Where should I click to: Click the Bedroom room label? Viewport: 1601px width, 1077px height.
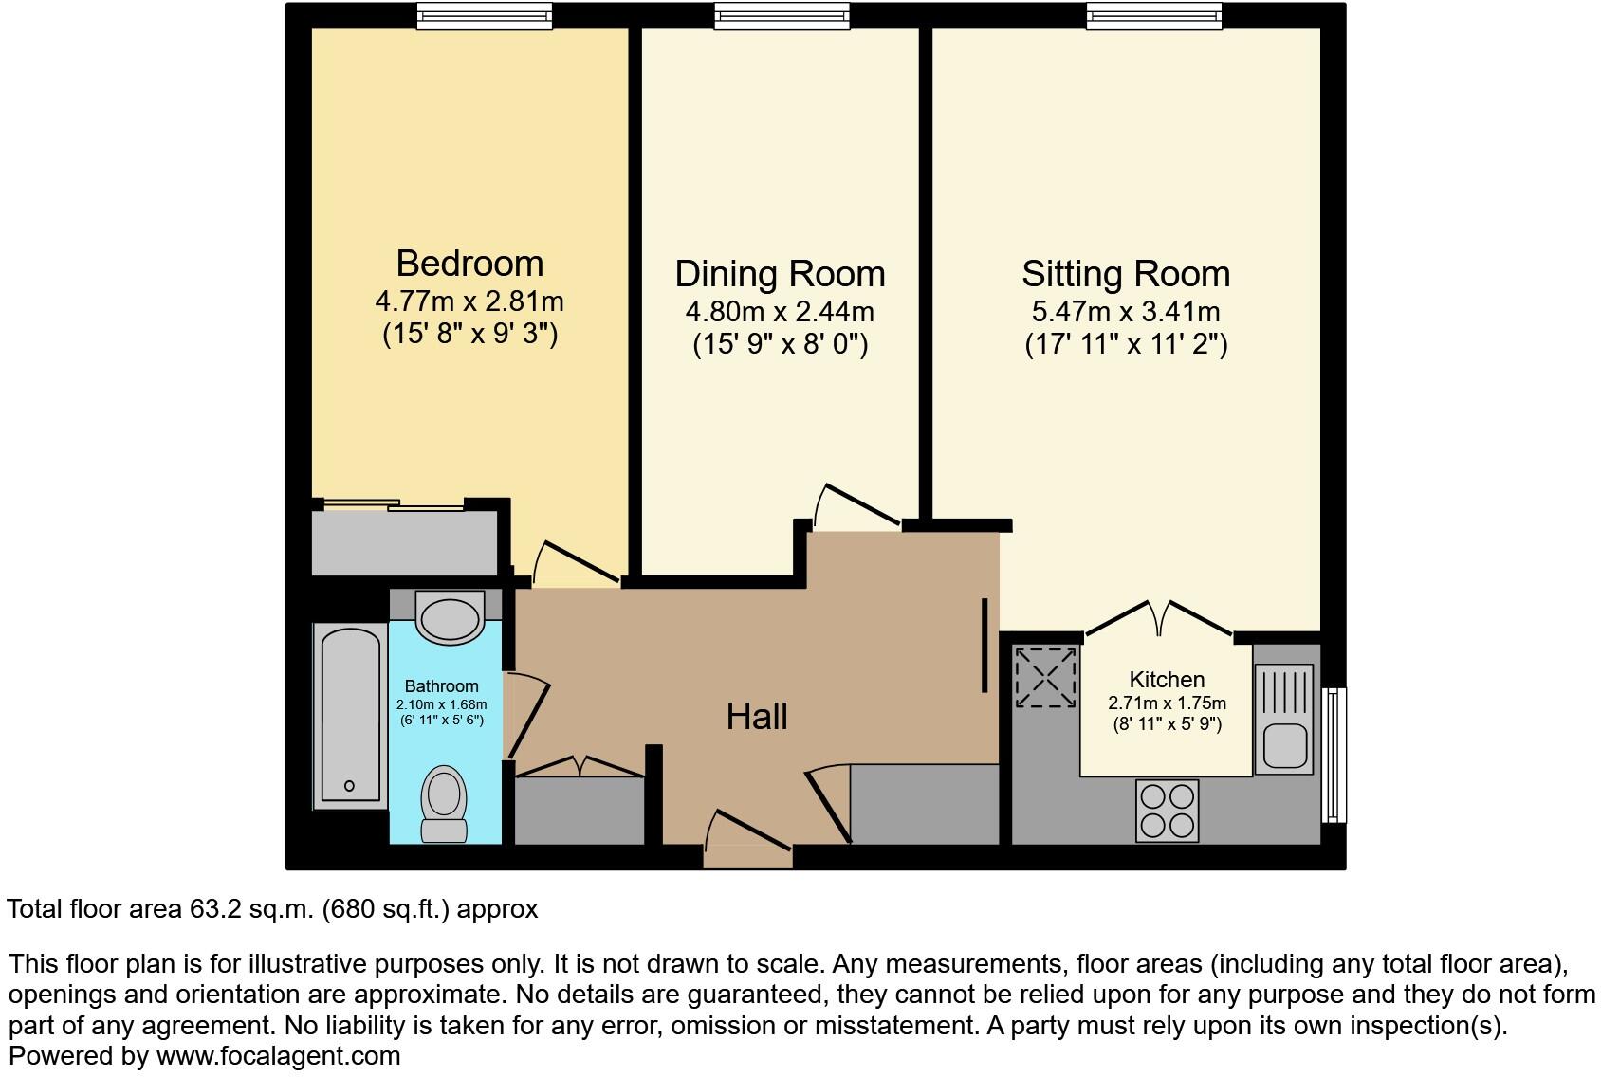pyautogui.click(x=469, y=263)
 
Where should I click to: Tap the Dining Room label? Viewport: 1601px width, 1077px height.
pyautogui.click(x=780, y=274)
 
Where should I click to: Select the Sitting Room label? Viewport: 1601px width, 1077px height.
pyautogui.click(x=1126, y=274)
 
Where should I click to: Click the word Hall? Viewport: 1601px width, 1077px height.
pyautogui.click(x=757, y=717)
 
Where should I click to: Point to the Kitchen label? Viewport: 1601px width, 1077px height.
pyautogui.click(x=1167, y=680)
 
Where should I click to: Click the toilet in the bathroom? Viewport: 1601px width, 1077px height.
pyautogui.click(x=443, y=803)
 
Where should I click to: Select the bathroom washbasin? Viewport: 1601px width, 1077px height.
pyautogui.click(x=450, y=617)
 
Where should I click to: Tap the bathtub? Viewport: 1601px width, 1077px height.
pyautogui.click(x=350, y=716)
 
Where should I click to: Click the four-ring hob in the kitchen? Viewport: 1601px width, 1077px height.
pyautogui.click(x=1167, y=811)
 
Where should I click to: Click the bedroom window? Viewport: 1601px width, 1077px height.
pyautogui.click(x=485, y=15)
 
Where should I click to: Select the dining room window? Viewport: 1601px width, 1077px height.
pyautogui.click(x=782, y=15)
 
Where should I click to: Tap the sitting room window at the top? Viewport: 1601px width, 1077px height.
pyautogui.click(x=1154, y=15)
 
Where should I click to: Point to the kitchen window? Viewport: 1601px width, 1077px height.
pyautogui.click(x=1334, y=755)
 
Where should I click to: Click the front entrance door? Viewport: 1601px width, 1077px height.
pyautogui.click(x=748, y=834)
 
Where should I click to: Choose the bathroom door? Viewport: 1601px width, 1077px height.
pyautogui.click(x=529, y=716)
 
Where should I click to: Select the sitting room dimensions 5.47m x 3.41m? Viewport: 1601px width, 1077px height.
pyautogui.click(x=1126, y=312)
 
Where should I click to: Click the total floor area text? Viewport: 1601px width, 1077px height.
pyautogui.click(x=272, y=909)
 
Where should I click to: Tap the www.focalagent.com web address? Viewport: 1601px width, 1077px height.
pyautogui.click(x=278, y=1055)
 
